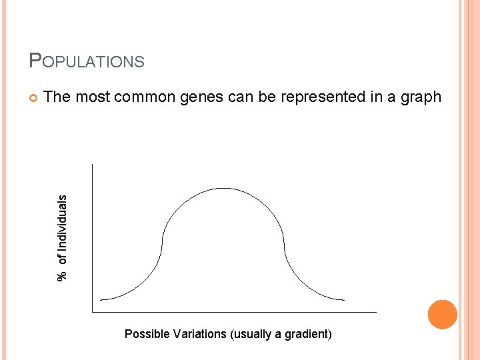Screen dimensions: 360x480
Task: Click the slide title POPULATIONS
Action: [x=87, y=61]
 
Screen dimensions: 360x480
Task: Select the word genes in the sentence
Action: [x=195, y=97]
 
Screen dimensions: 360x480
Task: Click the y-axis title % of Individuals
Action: [x=62, y=238]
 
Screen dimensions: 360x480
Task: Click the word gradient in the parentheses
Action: [x=306, y=334]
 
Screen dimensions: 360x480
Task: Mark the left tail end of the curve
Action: [x=101, y=299]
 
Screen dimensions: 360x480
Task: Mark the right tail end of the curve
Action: [x=344, y=300]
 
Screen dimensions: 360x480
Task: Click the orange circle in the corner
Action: [x=443, y=315]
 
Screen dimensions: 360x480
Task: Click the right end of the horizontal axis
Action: [x=376, y=311]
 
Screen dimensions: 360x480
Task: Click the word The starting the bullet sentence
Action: [x=57, y=97]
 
